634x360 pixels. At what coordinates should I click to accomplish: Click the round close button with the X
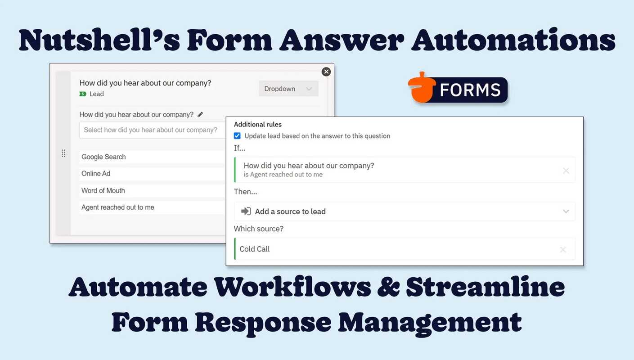click(326, 72)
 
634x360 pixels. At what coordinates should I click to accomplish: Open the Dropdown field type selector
click(288, 89)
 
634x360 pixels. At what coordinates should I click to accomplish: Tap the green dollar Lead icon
click(83, 94)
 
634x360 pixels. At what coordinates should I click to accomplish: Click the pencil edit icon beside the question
click(200, 114)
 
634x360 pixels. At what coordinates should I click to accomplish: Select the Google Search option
click(103, 157)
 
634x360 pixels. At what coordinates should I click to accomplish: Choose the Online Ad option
click(96, 174)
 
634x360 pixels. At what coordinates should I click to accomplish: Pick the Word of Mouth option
click(103, 191)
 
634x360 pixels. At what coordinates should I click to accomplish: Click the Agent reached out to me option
click(118, 207)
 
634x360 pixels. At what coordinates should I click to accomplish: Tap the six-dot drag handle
click(63, 153)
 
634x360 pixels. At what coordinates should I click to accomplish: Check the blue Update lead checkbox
click(237, 136)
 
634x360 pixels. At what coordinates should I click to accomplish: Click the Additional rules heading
click(257, 125)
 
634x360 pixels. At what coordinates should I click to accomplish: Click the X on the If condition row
click(566, 171)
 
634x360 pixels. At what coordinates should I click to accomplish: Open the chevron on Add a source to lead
click(566, 211)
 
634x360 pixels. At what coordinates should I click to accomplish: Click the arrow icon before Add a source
click(246, 211)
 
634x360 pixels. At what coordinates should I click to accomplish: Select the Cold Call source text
click(255, 249)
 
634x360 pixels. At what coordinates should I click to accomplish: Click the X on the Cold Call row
click(563, 249)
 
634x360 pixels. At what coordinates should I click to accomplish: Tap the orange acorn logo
click(421, 88)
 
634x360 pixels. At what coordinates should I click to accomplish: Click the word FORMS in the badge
click(470, 90)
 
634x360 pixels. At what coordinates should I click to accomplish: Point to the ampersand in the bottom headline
click(388, 287)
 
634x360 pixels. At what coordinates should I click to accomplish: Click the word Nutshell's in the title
click(99, 40)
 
